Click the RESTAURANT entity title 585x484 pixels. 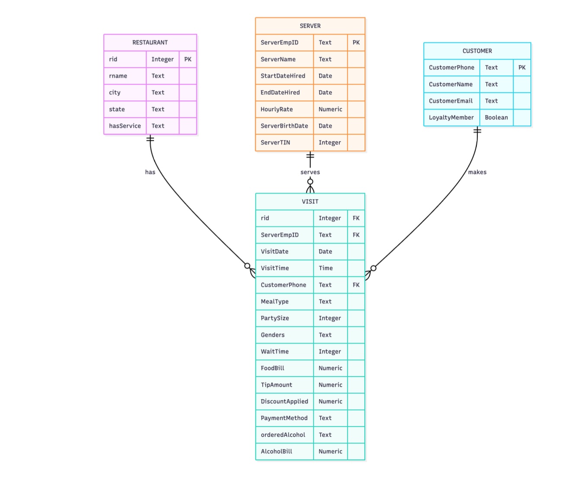coord(150,42)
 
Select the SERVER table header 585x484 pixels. coord(310,26)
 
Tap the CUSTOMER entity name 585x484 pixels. coord(477,51)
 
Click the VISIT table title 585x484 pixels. coord(310,201)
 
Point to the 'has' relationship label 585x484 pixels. coord(150,172)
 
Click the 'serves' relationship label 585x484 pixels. coord(310,172)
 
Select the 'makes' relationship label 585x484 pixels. coord(477,172)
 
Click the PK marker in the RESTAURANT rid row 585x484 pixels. coord(188,59)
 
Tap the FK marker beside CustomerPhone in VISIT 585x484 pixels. coord(356,285)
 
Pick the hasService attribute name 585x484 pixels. coord(125,126)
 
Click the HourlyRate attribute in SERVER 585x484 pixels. coord(276,109)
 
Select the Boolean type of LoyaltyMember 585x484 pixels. coord(496,117)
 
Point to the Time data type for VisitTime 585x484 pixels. coord(325,268)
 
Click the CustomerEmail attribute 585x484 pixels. coord(450,101)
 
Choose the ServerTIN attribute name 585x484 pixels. coord(275,142)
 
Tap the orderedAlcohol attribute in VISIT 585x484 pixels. coord(283,435)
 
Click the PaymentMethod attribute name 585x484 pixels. coord(284,418)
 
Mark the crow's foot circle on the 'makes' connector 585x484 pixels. coord(373,268)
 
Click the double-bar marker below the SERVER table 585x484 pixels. coord(310,155)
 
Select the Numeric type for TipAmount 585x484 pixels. coord(330,385)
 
